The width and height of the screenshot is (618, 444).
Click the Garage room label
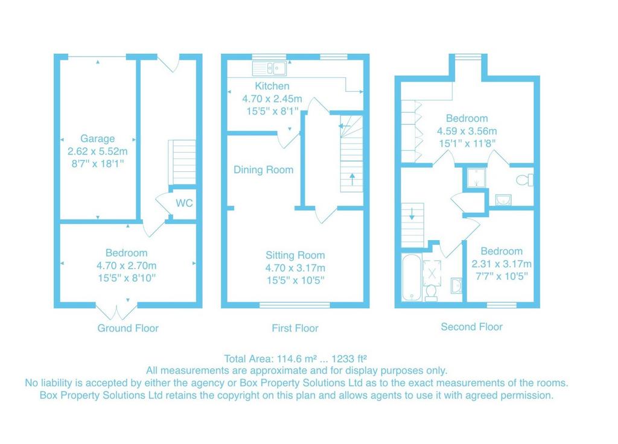click(x=97, y=139)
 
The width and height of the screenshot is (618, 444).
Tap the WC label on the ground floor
click(x=184, y=203)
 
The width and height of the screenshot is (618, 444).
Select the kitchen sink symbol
click(x=269, y=68)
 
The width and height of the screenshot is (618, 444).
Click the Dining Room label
click(x=263, y=170)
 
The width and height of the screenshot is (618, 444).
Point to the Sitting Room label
click(x=295, y=255)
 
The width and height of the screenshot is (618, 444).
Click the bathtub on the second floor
click(x=412, y=277)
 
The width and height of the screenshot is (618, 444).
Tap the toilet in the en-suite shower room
click(x=525, y=180)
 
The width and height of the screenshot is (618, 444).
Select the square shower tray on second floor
click(x=476, y=178)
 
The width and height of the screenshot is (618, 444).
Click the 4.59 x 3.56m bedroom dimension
click(x=467, y=131)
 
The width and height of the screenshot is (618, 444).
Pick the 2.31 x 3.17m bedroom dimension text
click(x=502, y=264)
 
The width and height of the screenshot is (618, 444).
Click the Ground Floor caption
click(x=128, y=328)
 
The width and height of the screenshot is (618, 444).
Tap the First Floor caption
click(x=295, y=328)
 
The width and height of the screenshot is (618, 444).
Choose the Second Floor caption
click(x=472, y=326)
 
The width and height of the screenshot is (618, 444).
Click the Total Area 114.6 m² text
click(x=296, y=358)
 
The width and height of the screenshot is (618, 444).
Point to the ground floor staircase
click(x=182, y=162)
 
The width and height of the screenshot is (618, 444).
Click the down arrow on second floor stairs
click(x=412, y=213)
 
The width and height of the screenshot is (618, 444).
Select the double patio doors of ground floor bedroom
click(x=116, y=312)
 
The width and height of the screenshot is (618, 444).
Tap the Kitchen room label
click(x=272, y=86)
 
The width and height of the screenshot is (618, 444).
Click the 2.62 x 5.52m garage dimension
click(x=97, y=151)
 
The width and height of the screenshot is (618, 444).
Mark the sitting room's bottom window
click(x=295, y=305)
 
